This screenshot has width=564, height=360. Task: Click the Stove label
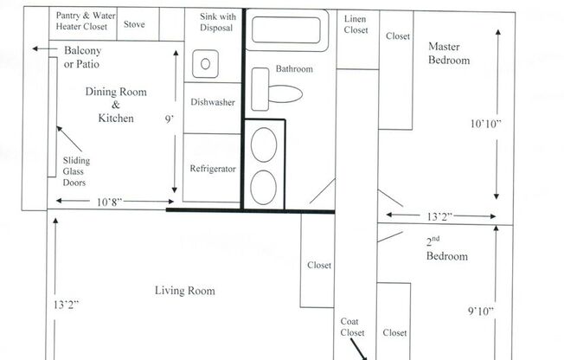[134, 24]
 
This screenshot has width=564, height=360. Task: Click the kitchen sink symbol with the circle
[204, 63]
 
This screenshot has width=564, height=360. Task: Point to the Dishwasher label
[213, 102]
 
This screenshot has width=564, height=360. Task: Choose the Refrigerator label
[213, 169]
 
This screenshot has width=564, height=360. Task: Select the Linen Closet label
[356, 24]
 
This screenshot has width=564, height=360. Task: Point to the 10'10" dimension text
[486, 124]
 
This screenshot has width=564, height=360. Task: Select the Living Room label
[184, 291]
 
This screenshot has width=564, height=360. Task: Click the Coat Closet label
[352, 326]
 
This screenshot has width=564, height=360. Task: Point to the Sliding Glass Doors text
[76, 171]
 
